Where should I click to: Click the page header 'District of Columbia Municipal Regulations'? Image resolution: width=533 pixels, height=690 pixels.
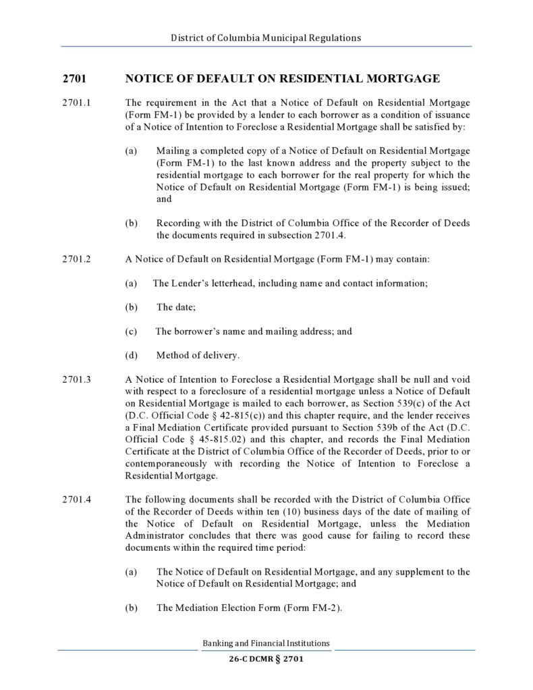click(266, 38)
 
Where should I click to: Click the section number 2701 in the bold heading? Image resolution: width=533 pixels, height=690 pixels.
click(74, 79)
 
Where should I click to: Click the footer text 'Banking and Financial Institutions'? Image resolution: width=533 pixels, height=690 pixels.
click(266, 643)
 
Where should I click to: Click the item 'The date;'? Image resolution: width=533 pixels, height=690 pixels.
click(176, 307)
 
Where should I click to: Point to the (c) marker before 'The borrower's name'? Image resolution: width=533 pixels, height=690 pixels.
click(132, 331)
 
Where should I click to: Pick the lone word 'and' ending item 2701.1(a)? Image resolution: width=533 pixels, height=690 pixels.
click(164, 199)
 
